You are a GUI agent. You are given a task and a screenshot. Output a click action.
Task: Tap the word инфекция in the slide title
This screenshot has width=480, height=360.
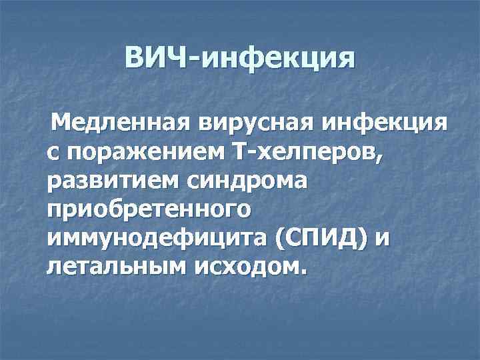click(x=279, y=59)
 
